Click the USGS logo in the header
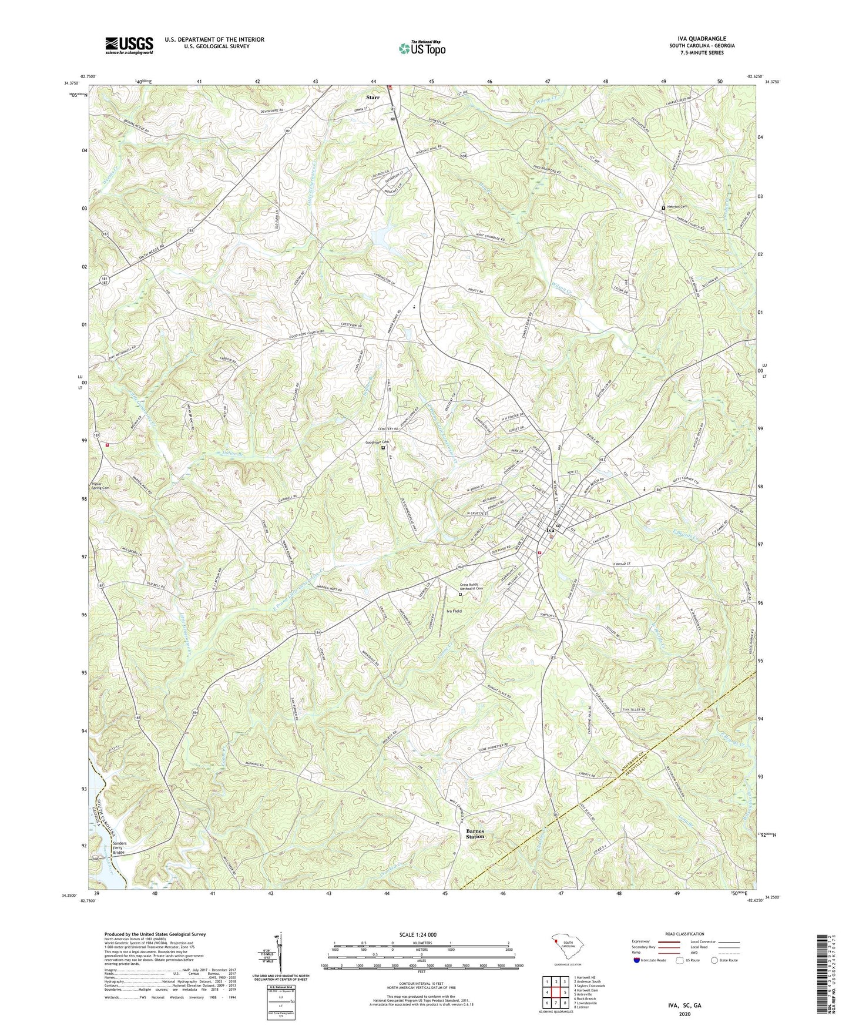click(x=129, y=45)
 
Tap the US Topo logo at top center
click(x=422, y=48)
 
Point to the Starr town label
click(x=373, y=98)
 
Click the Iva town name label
click(x=550, y=530)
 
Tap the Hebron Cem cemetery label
click(x=677, y=207)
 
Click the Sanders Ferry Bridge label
click(x=111, y=847)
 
